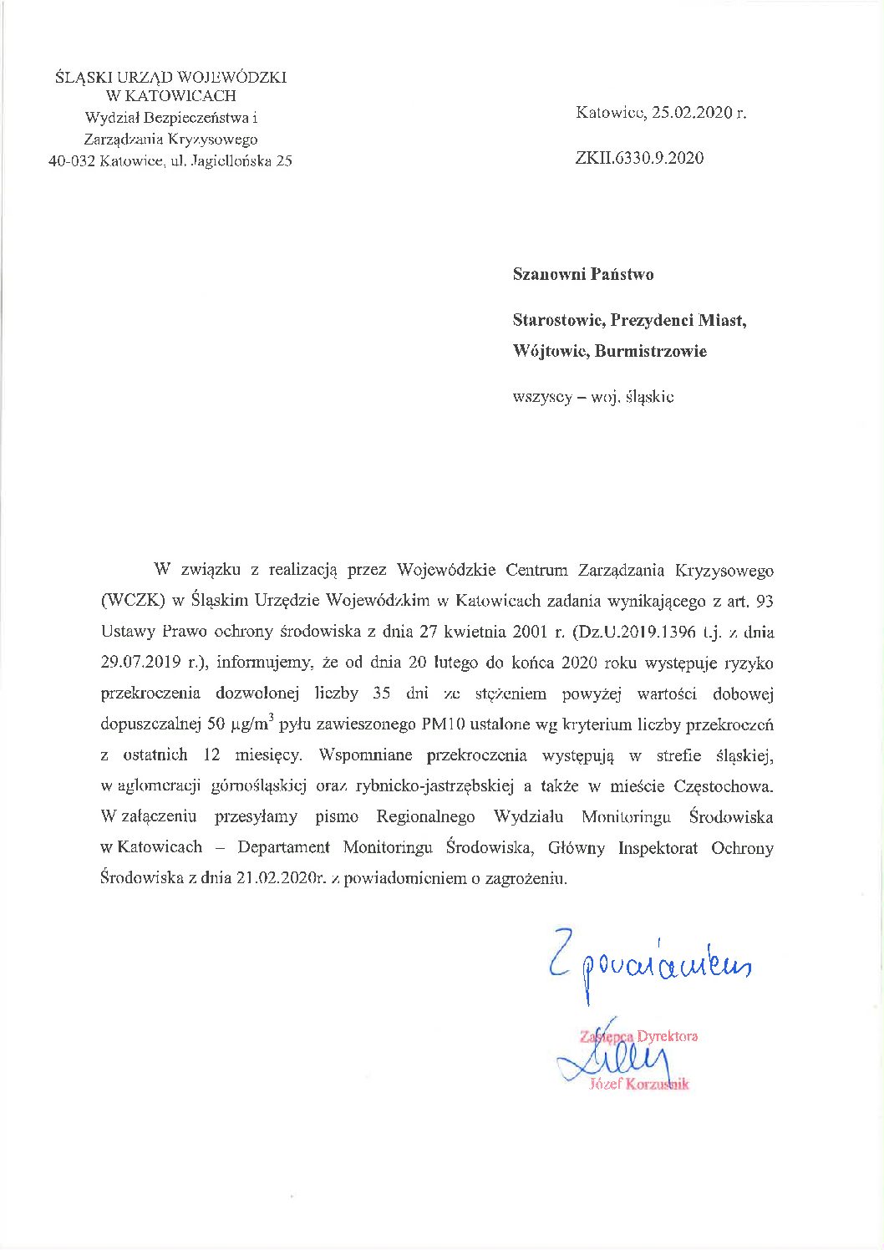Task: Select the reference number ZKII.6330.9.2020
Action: coord(639,158)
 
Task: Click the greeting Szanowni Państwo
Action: coord(583,274)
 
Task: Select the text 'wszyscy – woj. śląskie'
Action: coord(593,397)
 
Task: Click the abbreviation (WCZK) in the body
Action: coord(132,601)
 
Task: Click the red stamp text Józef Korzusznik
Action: coord(639,1085)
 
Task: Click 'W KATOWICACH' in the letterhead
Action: coord(170,96)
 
